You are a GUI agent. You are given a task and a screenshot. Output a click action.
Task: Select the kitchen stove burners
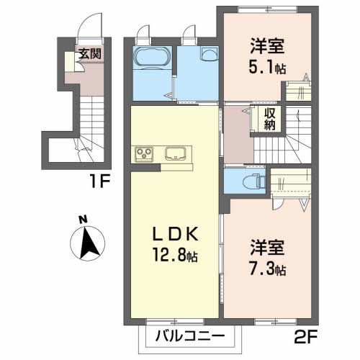tap(145, 153)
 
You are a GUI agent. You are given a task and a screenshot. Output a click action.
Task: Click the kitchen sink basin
tap(177, 153)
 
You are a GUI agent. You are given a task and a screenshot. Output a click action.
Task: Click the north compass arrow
tap(90, 242)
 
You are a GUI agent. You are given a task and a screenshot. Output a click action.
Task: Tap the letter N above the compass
tap(84, 220)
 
